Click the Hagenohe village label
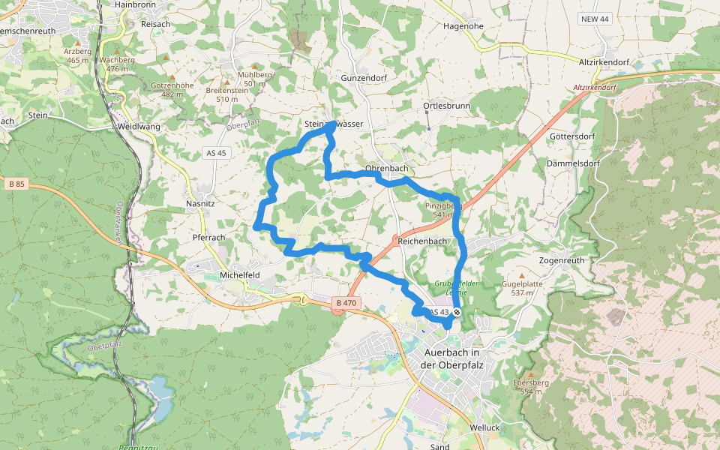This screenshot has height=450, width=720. (x=463, y=25)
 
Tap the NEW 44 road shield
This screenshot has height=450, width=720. (x=594, y=19)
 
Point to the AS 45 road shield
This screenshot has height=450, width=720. (x=215, y=153)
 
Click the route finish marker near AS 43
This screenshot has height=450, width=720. (x=456, y=312)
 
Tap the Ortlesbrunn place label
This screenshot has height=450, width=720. (x=446, y=106)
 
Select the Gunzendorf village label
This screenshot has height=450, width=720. (x=362, y=78)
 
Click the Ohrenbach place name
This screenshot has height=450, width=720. (x=387, y=168)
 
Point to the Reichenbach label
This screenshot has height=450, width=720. (x=422, y=241)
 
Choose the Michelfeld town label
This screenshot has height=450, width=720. (x=239, y=275)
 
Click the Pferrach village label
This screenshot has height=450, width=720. (x=209, y=237)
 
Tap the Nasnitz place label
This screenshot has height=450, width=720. (x=201, y=204)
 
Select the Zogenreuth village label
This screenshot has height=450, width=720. (x=562, y=260)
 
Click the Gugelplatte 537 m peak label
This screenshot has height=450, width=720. (x=522, y=288)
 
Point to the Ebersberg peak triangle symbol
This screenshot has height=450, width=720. (x=532, y=374)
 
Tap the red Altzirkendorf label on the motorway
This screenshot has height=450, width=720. (x=594, y=88)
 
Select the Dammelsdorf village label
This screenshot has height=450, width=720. (x=574, y=163)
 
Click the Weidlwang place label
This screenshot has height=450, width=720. (x=139, y=127)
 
